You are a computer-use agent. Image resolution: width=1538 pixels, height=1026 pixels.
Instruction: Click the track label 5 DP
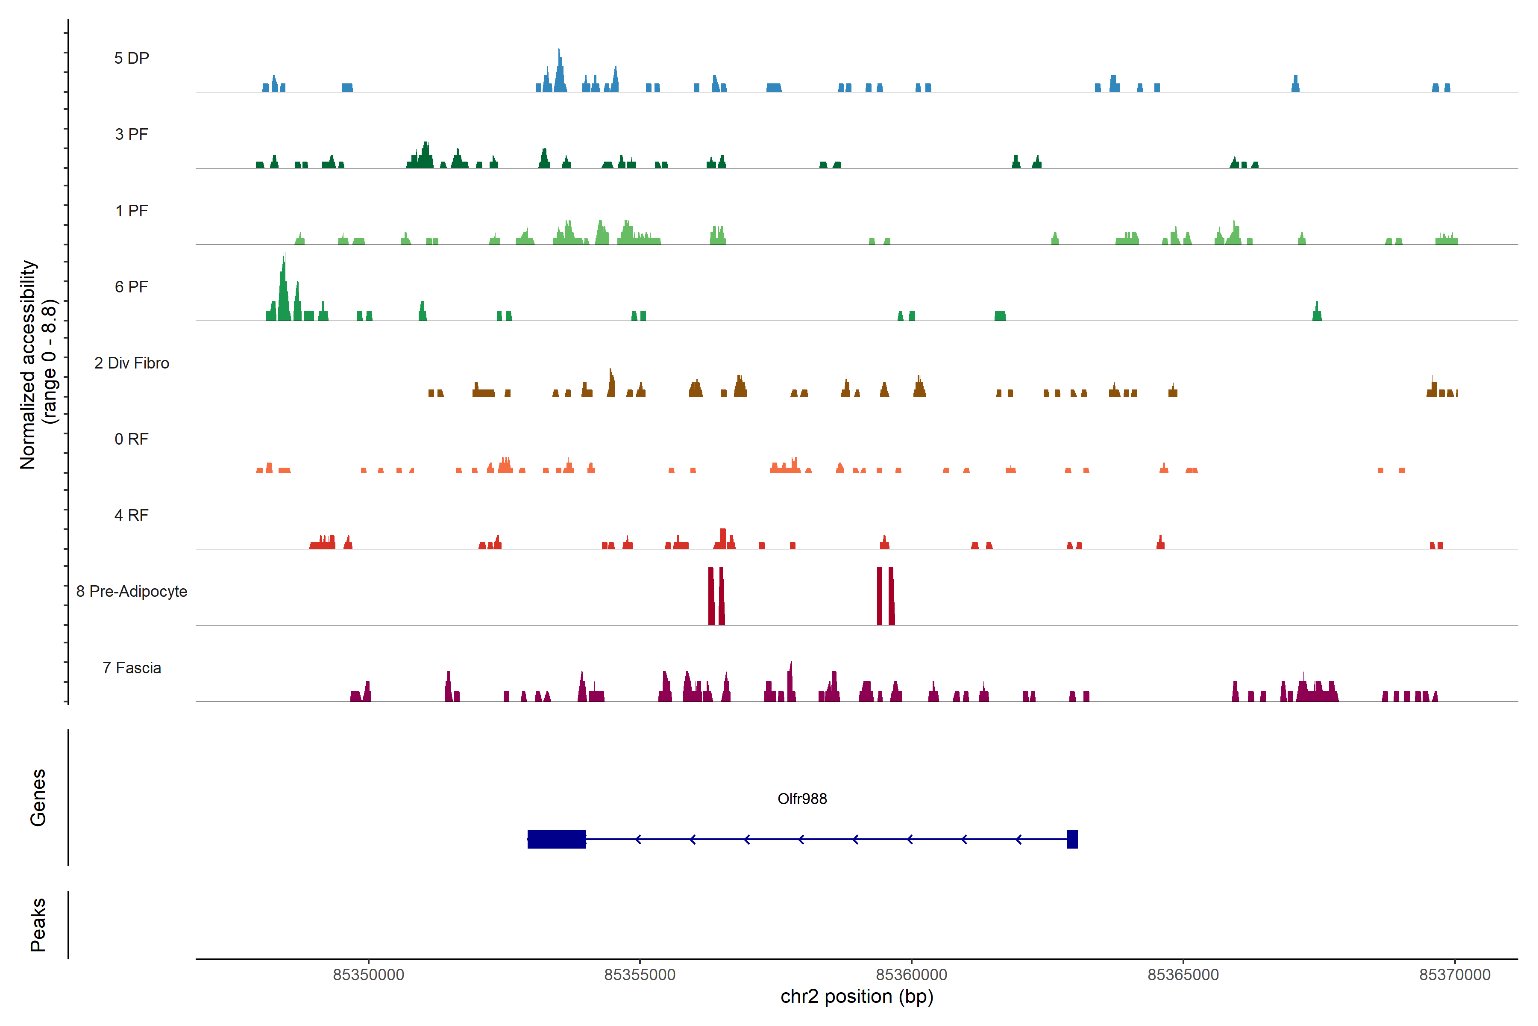tap(132, 58)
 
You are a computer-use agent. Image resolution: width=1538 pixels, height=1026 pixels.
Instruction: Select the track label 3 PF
tap(132, 134)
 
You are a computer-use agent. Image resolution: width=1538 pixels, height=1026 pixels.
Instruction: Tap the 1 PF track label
tap(132, 211)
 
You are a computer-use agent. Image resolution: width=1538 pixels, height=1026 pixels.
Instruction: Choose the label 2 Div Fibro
tap(132, 363)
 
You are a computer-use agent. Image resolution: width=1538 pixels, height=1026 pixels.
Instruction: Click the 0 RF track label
tap(132, 439)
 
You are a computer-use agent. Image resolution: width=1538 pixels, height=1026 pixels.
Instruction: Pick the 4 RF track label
tap(132, 515)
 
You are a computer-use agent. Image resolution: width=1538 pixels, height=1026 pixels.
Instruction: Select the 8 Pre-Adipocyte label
tap(132, 592)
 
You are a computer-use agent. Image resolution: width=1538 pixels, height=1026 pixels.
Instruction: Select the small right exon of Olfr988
tap(1072, 839)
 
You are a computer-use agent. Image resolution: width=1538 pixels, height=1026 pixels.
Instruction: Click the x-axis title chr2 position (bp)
tap(857, 997)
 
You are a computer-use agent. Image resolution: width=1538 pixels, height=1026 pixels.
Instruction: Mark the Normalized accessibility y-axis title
tap(38, 365)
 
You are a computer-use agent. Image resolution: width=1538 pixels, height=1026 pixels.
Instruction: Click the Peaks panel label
tap(38, 925)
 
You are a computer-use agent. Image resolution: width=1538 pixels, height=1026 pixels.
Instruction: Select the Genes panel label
tap(38, 798)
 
